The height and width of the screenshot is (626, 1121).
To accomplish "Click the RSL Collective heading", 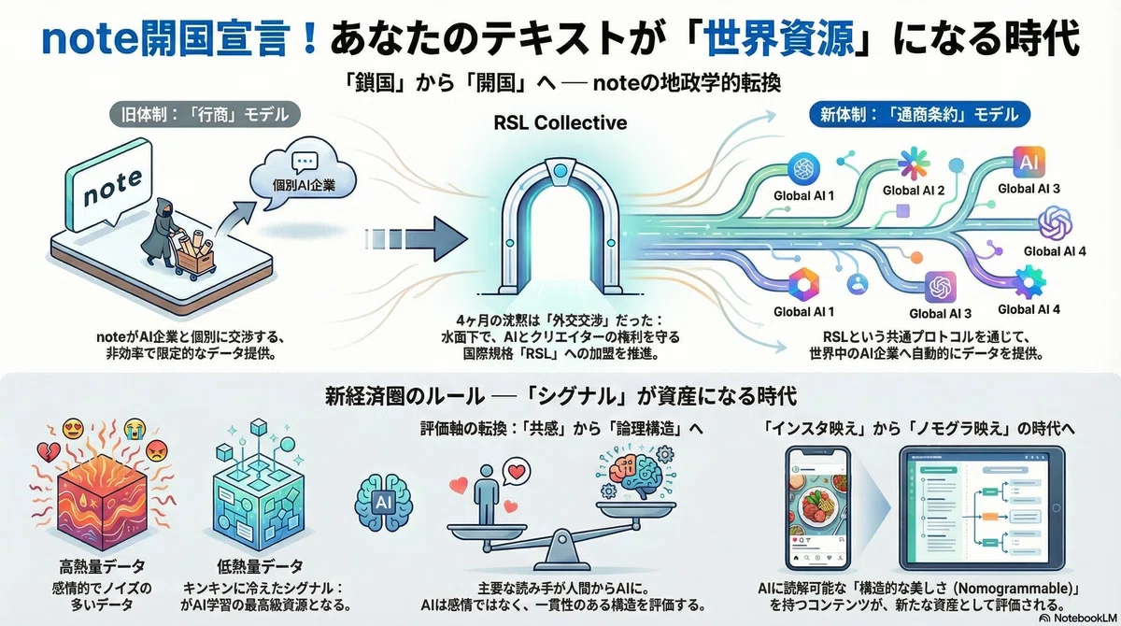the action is coord(560,122).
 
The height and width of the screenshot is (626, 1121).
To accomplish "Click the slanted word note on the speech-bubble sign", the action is coord(113,187).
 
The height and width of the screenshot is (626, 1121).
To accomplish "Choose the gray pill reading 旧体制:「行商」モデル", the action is coord(205,115).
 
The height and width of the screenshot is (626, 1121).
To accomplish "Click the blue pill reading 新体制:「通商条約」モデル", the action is coord(920,115).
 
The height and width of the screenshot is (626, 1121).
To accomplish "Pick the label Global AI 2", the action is coord(914,191).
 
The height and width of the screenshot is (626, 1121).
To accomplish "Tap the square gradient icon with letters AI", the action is coord(1029,163).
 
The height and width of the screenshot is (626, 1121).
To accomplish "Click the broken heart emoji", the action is coord(49,452).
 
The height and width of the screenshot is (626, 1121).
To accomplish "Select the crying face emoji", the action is coord(135,430).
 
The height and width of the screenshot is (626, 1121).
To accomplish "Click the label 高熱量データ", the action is coord(102,566).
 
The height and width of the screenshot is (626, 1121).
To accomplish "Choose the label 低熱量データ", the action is coord(260,566).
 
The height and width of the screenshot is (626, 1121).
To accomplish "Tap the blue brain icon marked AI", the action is coord(383,503).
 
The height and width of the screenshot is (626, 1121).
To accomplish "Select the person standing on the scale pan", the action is coord(487,494).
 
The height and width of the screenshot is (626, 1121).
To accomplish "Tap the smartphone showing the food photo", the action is coord(817,508).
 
